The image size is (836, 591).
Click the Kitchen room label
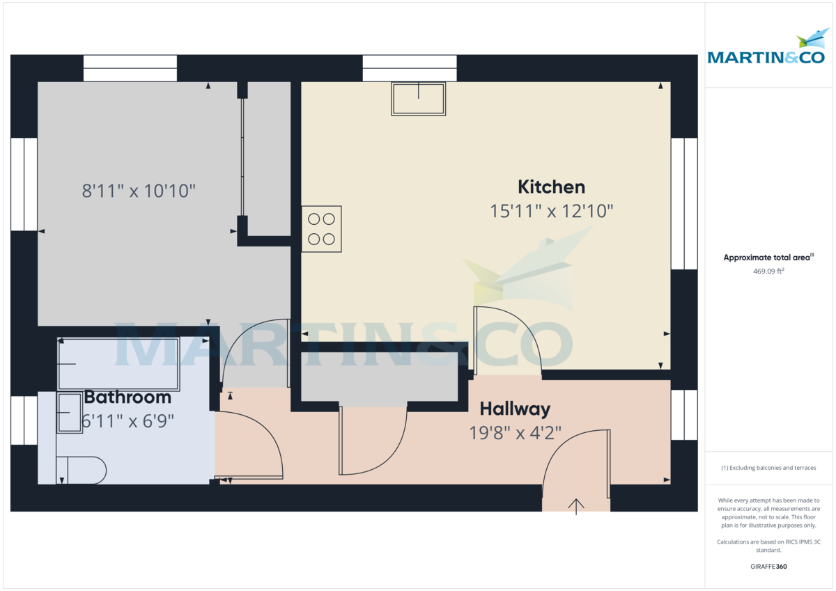pyautogui.click(x=551, y=187)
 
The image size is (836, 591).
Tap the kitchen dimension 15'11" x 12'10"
pyautogui.click(x=551, y=211)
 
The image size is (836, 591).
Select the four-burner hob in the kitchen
pyautogui.click(x=321, y=228)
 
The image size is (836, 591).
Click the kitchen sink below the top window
pyautogui.click(x=418, y=99)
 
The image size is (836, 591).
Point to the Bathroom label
pyautogui.click(x=127, y=397)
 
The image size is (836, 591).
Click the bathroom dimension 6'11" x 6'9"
pyautogui.click(x=127, y=420)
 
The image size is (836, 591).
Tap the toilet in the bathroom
pyautogui.click(x=81, y=470)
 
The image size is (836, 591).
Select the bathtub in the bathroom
pyautogui.click(x=118, y=364)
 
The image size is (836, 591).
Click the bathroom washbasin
pyautogui.click(x=69, y=413)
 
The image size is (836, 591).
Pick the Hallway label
pyautogui.click(x=515, y=409)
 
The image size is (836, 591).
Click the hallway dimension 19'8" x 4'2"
pyautogui.click(x=515, y=432)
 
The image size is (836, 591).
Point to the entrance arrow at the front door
pyautogui.click(x=576, y=506)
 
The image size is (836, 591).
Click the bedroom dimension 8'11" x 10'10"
pyautogui.click(x=139, y=191)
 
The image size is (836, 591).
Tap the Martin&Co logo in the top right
pyautogui.click(x=766, y=48)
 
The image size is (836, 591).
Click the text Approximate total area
pyautogui.click(x=766, y=258)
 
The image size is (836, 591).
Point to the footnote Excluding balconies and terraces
pyautogui.click(x=768, y=468)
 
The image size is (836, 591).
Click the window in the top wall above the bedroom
pyautogui.click(x=130, y=68)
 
